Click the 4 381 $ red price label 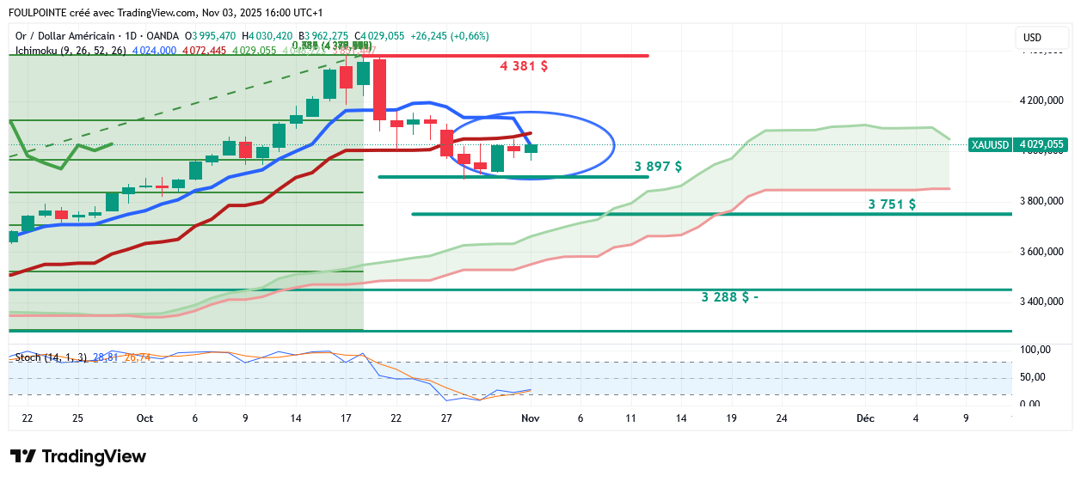524,66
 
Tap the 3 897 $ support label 658,167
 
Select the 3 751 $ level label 892,204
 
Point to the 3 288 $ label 729,297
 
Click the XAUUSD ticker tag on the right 990,145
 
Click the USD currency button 1032,38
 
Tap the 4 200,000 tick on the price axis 1041,101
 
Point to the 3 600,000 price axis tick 1041,252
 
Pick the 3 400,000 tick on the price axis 1041,302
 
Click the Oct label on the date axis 144,418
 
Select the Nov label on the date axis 530,418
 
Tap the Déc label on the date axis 865,418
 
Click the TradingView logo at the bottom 78,457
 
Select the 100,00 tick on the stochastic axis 1035,350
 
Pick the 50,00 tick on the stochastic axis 1035,377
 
